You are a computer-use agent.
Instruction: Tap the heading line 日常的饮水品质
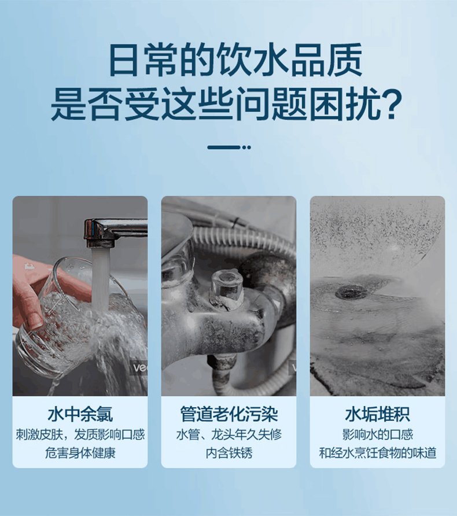coord(228,60)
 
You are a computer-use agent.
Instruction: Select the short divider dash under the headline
coord(228,147)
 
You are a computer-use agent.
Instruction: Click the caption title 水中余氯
coord(80,414)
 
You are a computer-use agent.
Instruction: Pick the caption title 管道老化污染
coord(228,414)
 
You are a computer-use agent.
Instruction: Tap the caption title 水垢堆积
coord(377,414)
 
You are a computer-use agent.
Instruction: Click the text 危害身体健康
coord(80,452)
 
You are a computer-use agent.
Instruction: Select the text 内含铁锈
coord(228,452)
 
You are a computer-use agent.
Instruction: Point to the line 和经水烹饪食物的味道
coord(377,452)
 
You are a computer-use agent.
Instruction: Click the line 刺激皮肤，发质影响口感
coord(80,434)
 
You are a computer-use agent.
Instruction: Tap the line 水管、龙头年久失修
coord(228,434)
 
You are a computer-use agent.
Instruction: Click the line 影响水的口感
coord(377,434)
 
